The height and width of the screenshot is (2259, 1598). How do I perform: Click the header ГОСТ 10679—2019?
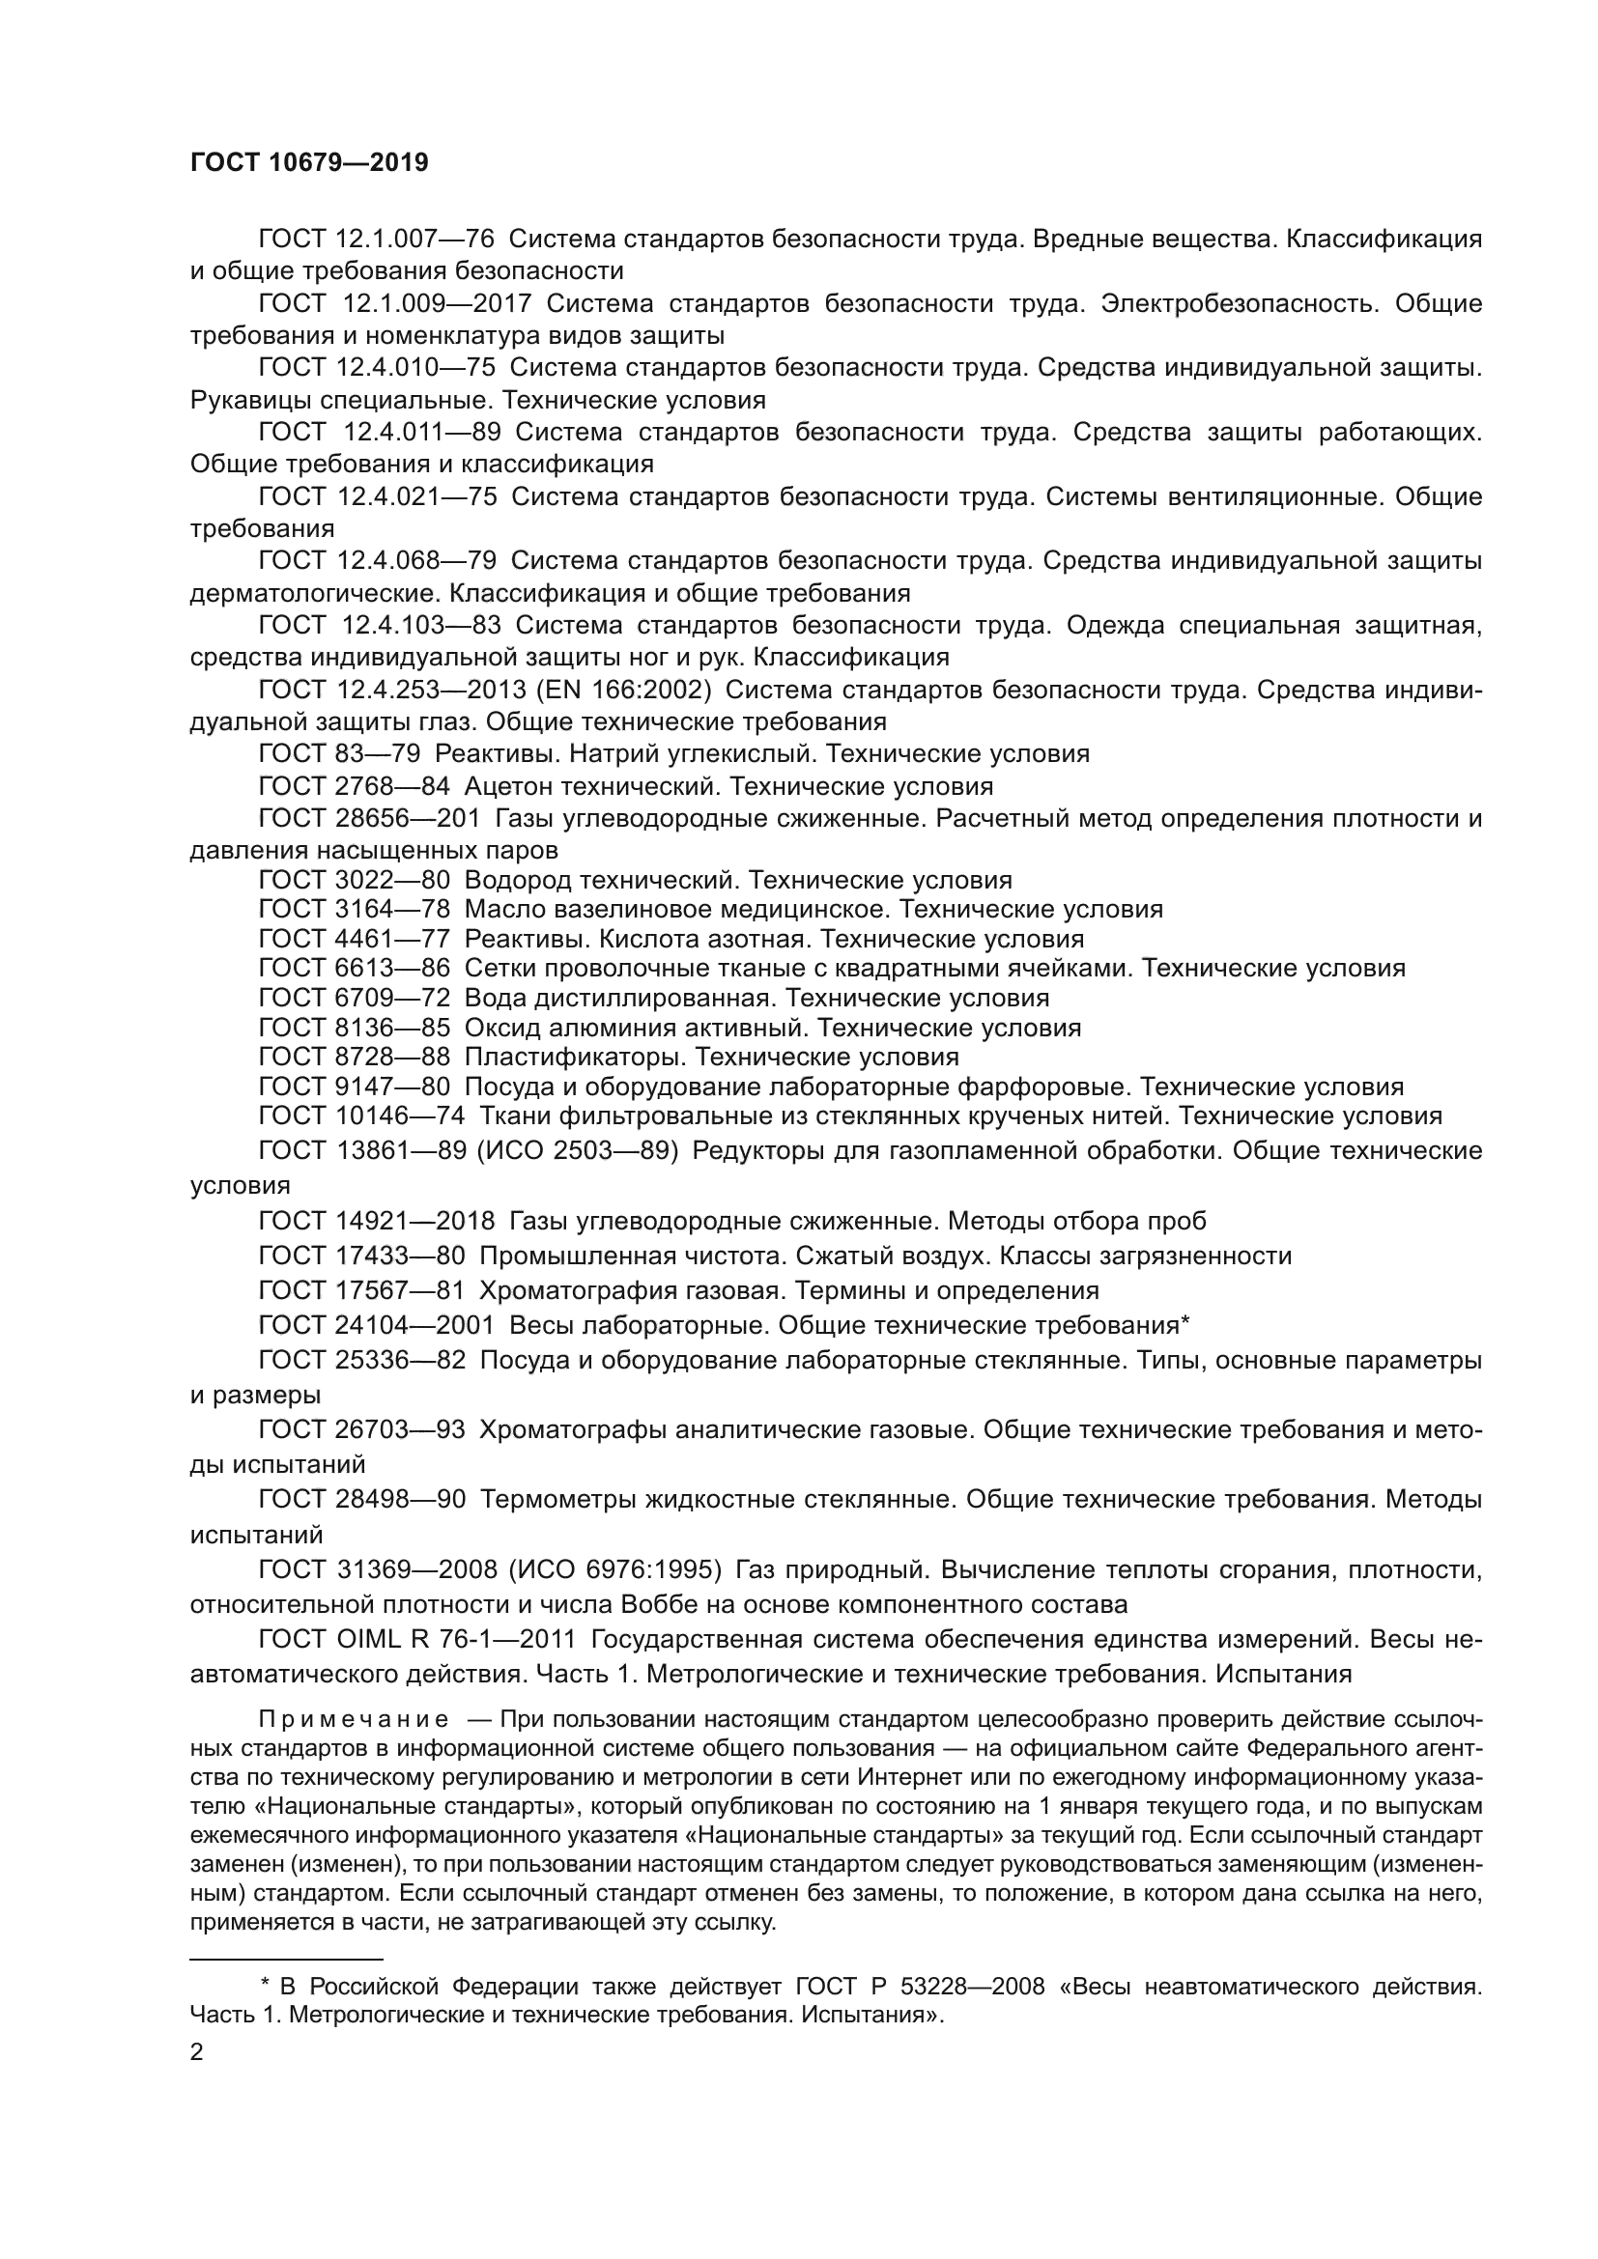tap(309, 163)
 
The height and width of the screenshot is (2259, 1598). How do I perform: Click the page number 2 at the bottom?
tap(197, 2052)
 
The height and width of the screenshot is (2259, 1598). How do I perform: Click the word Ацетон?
tap(510, 786)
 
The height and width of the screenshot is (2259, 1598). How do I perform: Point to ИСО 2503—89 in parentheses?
tap(578, 1150)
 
